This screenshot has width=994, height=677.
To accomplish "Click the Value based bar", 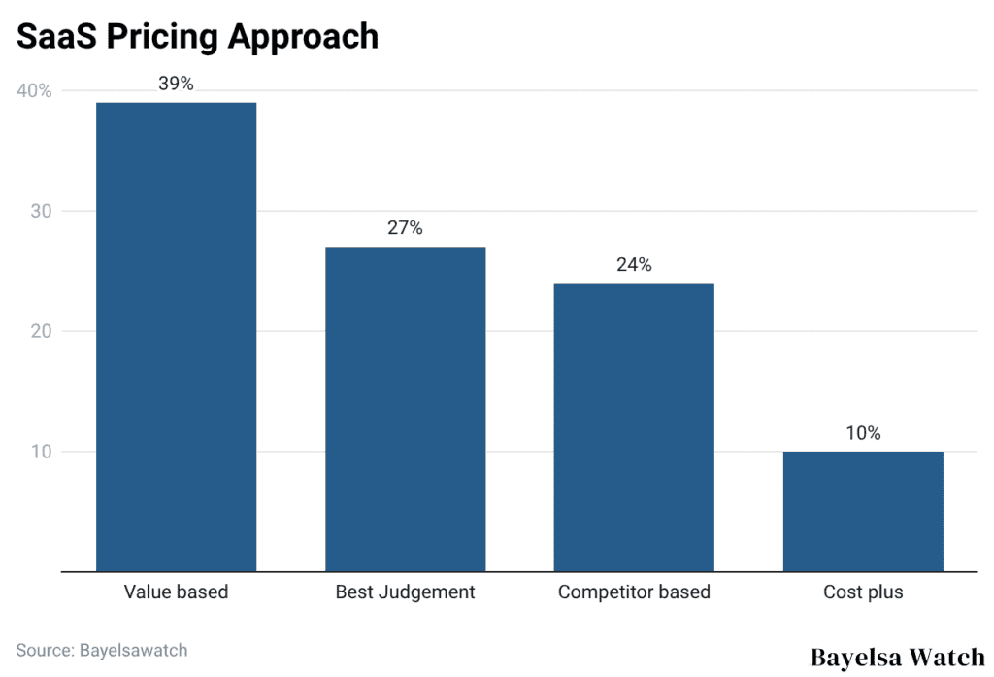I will pyautogui.click(x=176, y=336).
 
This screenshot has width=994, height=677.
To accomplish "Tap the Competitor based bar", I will pyautogui.click(x=634, y=426).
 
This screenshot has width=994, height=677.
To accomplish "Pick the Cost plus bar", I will pyautogui.click(x=863, y=511).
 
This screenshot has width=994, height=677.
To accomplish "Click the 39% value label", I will pyautogui.click(x=176, y=84).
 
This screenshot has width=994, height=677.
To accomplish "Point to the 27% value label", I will pyautogui.click(x=405, y=228).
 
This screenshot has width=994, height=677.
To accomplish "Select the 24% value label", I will pyautogui.click(x=634, y=264).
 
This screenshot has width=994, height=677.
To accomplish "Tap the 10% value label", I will pyautogui.click(x=863, y=433).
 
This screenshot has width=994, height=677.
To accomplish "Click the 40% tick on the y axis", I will pyautogui.click(x=34, y=90).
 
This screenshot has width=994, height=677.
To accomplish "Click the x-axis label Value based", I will pyautogui.click(x=176, y=592).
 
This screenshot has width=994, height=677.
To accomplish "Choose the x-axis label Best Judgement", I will pyautogui.click(x=405, y=592).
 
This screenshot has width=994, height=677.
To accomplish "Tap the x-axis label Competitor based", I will pyautogui.click(x=634, y=592).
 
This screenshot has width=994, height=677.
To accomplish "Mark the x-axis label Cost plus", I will pyautogui.click(x=863, y=592).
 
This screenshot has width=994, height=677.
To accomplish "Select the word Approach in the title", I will pyautogui.click(x=302, y=36).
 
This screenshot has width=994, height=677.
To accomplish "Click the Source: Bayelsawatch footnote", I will pyautogui.click(x=101, y=650).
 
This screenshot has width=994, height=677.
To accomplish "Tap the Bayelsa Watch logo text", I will pyautogui.click(x=897, y=657).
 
